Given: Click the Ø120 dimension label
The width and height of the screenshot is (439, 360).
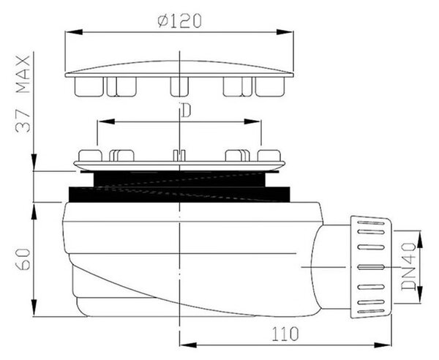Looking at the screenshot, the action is tap(179, 21).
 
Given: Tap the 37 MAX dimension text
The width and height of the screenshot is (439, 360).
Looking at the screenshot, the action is tap(23, 94).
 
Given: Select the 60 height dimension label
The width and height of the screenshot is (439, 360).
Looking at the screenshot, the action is tap(23, 259).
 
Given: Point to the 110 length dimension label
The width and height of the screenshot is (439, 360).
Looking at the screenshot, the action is tap(285, 334).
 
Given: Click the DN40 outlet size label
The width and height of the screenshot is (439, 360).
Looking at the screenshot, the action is tap(408, 267).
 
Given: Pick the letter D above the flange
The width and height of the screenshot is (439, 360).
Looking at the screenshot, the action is tap(186, 110).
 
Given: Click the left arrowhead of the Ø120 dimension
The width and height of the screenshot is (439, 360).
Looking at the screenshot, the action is tap(74, 32).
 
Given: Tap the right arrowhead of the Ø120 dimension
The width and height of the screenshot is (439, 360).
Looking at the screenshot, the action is tap(285, 32).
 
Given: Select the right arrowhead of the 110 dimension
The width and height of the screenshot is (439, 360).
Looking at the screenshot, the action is tap(383, 345).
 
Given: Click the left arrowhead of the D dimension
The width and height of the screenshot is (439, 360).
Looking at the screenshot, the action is tap(106, 121).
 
